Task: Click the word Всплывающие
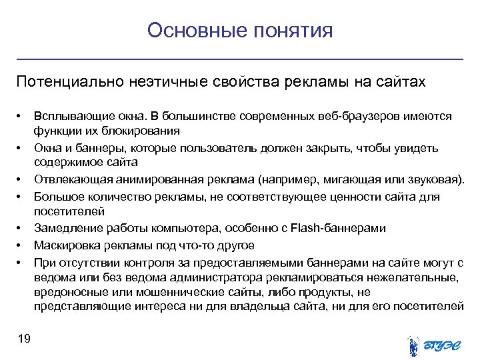coord(69,117)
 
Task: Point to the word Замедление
coord(65,229)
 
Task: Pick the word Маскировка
coord(65,245)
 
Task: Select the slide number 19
coord(24,339)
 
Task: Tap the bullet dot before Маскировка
coord(20,245)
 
